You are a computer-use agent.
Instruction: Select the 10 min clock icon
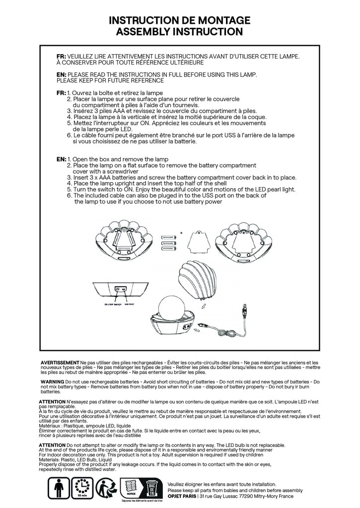pos(82,487)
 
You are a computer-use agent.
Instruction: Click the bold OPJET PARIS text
pos(181,496)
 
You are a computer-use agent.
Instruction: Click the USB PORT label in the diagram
pos(131,304)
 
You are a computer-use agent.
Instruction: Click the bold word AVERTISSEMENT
pos(60,363)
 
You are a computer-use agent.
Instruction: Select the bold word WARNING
pos(52,381)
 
